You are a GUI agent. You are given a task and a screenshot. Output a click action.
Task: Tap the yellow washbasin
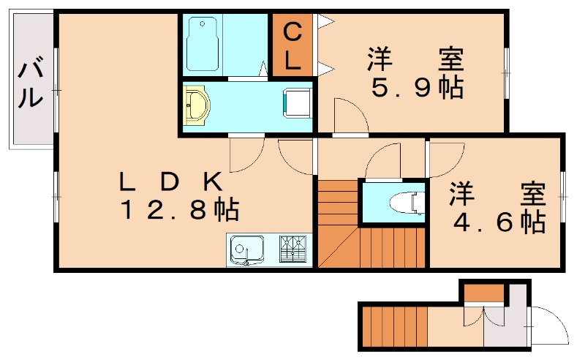(x=197, y=107)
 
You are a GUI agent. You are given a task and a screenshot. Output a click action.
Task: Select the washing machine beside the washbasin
(x=297, y=104)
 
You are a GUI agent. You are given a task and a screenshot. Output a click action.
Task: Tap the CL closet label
(x=292, y=45)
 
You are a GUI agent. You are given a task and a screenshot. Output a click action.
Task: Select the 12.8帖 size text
(x=179, y=211)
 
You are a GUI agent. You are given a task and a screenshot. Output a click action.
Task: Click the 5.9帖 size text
(x=418, y=88)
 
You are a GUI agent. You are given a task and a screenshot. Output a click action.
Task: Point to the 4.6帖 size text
(x=498, y=220)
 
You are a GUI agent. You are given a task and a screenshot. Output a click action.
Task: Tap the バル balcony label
(x=30, y=85)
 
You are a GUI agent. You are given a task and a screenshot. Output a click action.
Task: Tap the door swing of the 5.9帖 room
(x=350, y=116)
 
